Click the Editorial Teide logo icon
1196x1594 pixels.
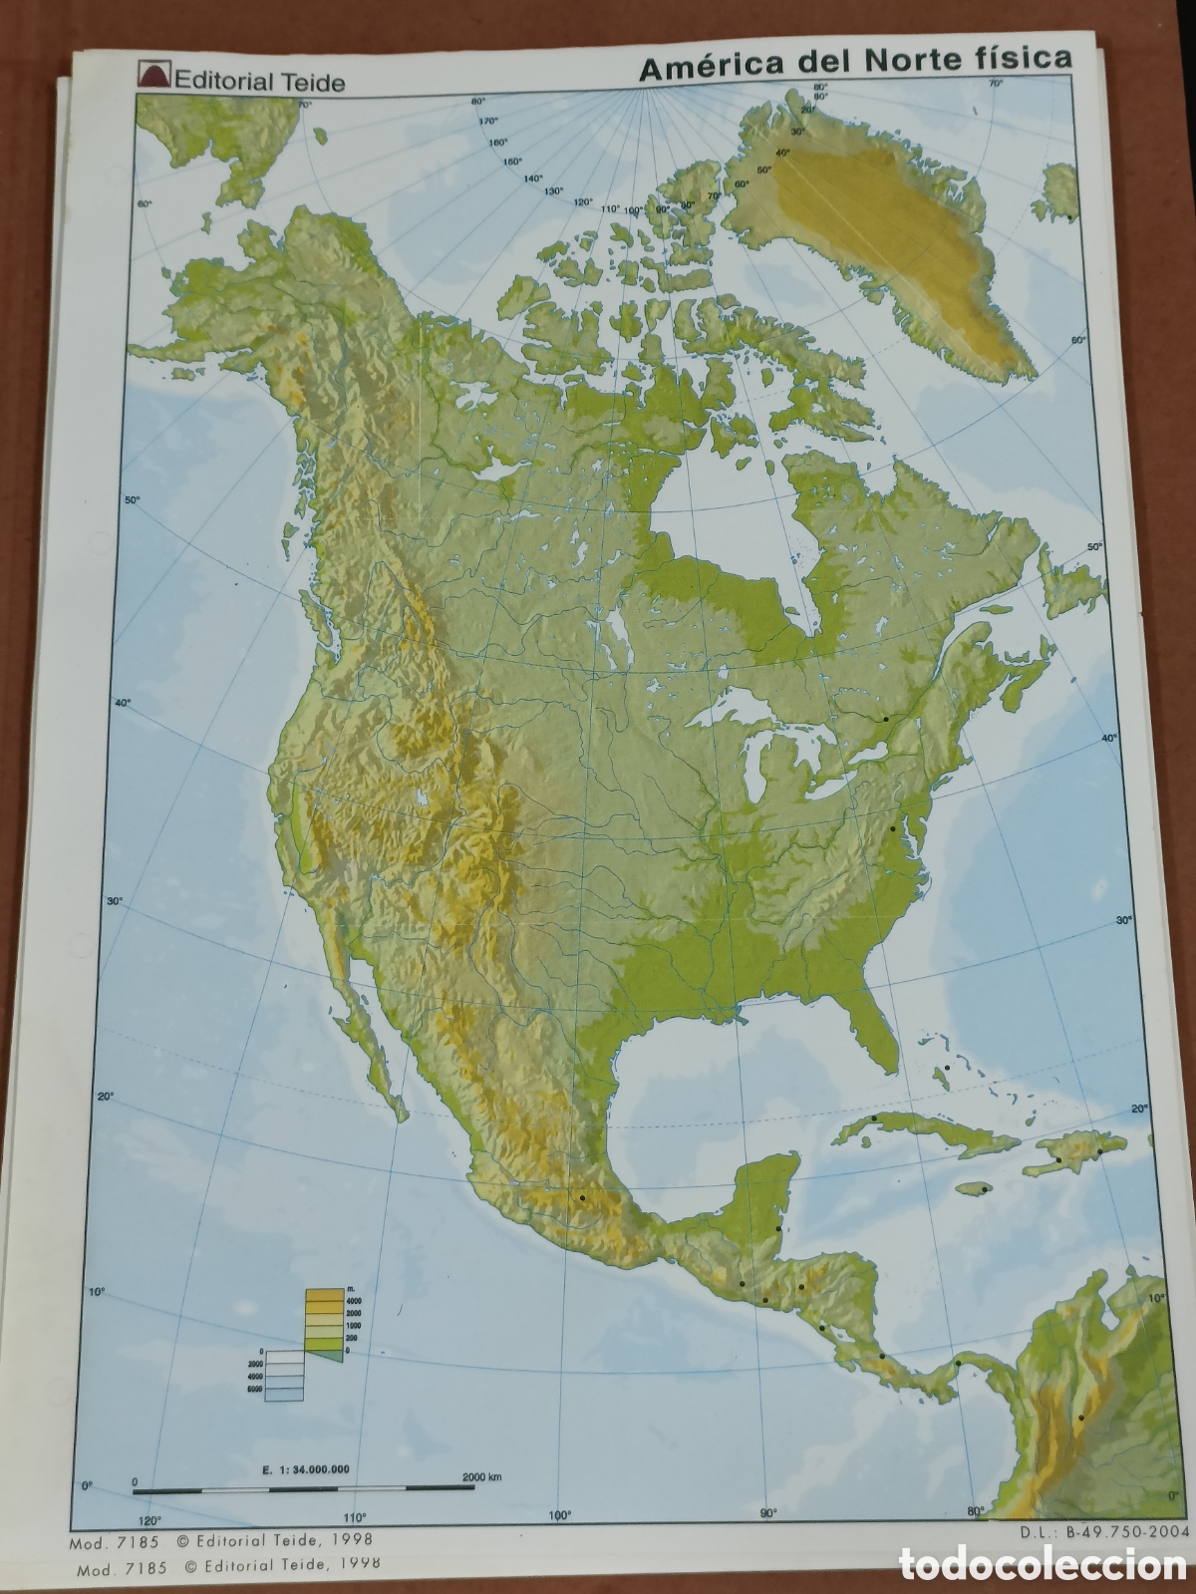pos(154,77)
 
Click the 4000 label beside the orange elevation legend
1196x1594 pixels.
pos(354,1302)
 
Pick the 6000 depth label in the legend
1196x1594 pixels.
pos(254,1388)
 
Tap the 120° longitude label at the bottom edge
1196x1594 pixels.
pos(149,1519)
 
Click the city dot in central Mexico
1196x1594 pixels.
pos(581,1196)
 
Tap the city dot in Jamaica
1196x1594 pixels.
pos(984,1189)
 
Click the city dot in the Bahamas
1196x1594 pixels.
pos(947,1068)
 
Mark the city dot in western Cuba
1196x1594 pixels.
pos(874,1118)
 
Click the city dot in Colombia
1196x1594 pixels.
pos(1080,1417)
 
